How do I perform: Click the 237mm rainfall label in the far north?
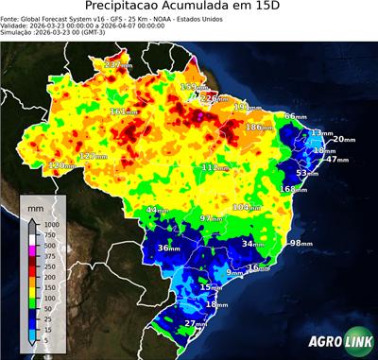point(118,64)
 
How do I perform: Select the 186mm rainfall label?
point(257,128)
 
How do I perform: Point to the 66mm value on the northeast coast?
point(295,116)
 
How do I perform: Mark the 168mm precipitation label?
point(293,189)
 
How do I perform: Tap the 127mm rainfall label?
point(92,156)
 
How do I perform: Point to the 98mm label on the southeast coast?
point(301,244)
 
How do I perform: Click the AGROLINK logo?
point(337,341)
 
